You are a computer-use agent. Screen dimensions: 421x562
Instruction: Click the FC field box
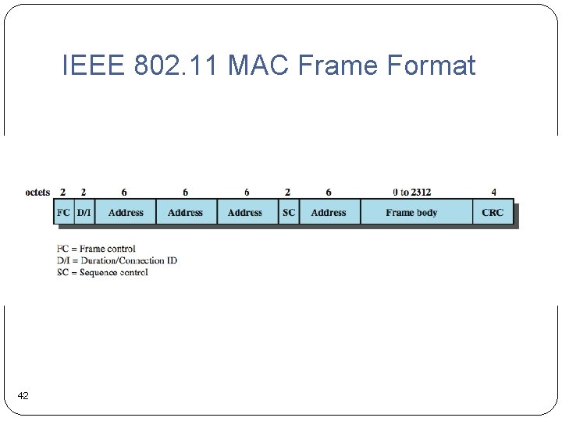(x=64, y=212)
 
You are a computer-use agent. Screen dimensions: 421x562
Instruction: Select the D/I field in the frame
(x=84, y=212)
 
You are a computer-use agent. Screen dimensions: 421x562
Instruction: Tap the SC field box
(x=289, y=212)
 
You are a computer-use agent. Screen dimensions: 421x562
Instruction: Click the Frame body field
(x=411, y=212)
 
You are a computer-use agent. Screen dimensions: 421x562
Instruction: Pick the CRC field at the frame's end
(x=493, y=212)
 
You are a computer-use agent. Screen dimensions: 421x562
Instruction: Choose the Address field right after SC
(x=329, y=212)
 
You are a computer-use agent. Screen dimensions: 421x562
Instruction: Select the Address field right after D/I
(x=126, y=212)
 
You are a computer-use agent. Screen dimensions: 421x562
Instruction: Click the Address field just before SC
(x=245, y=212)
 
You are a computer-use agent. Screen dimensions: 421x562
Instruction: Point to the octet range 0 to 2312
(x=411, y=192)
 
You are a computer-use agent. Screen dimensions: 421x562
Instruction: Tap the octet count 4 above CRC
(x=493, y=192)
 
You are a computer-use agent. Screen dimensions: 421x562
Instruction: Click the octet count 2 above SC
(x=287, y=192)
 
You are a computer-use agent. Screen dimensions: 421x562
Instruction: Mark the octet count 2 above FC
(x=62, y=192)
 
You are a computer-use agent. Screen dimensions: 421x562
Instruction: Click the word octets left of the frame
(x=37, y=192)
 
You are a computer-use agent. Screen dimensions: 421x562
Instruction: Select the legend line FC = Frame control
(x=96, y=249)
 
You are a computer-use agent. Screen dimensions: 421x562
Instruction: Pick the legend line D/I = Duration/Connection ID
(x=117, y=260)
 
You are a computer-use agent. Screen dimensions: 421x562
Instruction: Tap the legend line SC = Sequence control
(x=102, y=272)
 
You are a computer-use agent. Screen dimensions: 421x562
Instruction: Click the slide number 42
(x=23, y=396)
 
